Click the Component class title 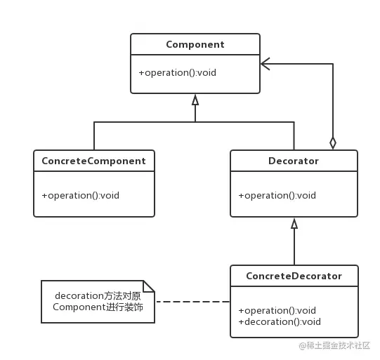(195, 44)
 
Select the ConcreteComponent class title (94, 161)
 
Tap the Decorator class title (294, 161)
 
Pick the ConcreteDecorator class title (294, 276)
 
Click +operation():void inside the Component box (178, 72)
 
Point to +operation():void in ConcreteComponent (81, 195)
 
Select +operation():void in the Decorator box (277, 195)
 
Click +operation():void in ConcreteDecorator (277, 310)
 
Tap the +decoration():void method (280, 321)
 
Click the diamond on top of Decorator (333, 143)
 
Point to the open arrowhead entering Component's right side (265, 64)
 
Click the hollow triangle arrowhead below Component (195, 100)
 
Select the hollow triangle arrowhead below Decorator (294, 223)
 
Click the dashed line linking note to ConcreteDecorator (192, 302)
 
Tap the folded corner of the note (149, 286)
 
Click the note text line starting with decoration (98, 296)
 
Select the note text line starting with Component (98, 307)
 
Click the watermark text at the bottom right (334, 345)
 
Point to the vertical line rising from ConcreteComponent (94, 136)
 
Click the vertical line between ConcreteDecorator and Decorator (294, 247)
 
